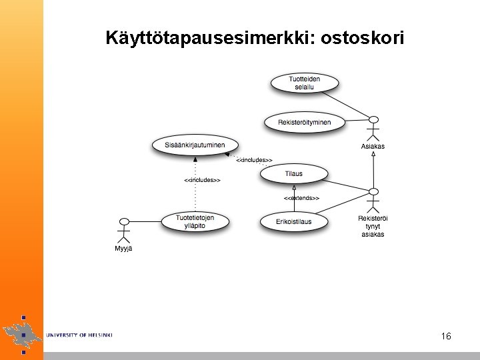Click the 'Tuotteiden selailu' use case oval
pyautogui.click(x=304, y=83)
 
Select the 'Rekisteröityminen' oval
pyautogui.click(x=304, y=122)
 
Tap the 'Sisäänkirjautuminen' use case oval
pyautogui.click(x=194, y=145)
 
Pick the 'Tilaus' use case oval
pyautogui.click(x=293, y=174)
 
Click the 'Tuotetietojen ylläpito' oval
pyautogui.click(x=195, y=221)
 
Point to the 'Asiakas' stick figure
pyautogui.click(x=373, y=128)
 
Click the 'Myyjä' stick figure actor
pyautogui.click(x=123, y=231)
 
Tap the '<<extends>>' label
pyautogui.click(x=301, y=198)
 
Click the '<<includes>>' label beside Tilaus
pyautogui.click(x=254, y=160)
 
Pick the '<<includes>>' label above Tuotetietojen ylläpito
pyautogui.click(x=202, y=180)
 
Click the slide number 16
pyautogui.click(x=446, y=337)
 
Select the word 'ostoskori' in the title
pyautogui.click(x=362, y=38)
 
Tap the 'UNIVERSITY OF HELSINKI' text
pyautogui.click(x=79, y=335)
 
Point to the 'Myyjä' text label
pyautogui.click(x=123, y=249)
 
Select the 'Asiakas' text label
pyautogui.click(x=373, y=147)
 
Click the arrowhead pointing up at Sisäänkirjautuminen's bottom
pyautogui.click(x=195, y=159)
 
